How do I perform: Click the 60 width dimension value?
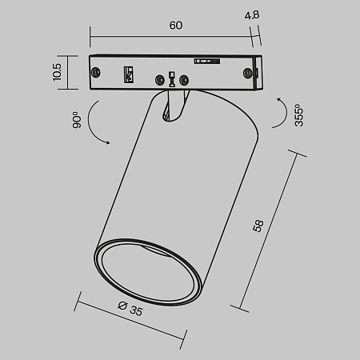coord(176,25)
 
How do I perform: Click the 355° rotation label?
coord(298,117)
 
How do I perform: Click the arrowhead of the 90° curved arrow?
coord(107,142)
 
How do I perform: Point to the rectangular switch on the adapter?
coord(126,74)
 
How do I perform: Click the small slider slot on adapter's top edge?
coord(206,59)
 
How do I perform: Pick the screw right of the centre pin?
coord(186,79)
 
